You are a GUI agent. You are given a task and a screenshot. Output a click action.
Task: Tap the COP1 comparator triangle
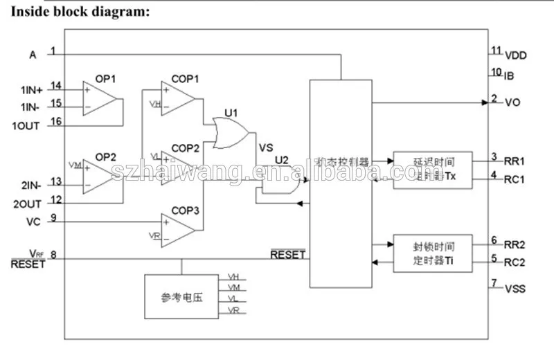pyautogui.click(x=176, y=98)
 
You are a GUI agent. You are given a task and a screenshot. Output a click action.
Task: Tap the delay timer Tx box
pyautogui.click(x=433, y=170)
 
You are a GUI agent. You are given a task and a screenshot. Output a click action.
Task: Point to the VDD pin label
pyautogui.click(x=515, y=55)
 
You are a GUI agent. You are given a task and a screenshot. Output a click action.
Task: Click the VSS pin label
pyautogui.click(x=515, y=288)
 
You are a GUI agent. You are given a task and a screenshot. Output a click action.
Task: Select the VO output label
pyautogui.click(x=512, y=102)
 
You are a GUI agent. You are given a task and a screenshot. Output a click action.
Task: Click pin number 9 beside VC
pyautogui.click(x=53, y=221)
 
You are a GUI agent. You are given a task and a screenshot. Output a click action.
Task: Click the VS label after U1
pyautogui.click(x=266, y=147)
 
